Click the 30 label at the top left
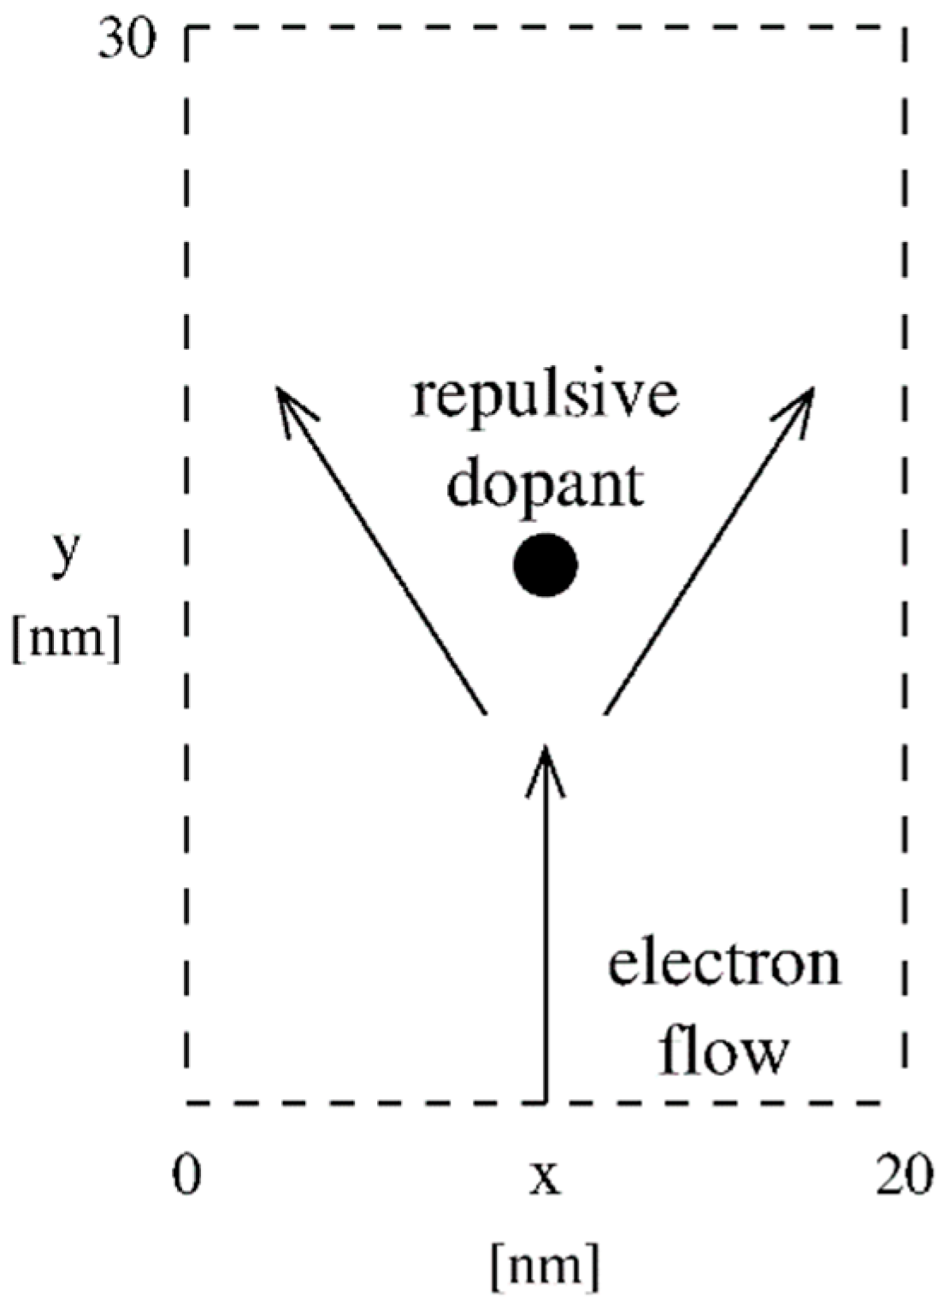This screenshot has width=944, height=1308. click(127, 41)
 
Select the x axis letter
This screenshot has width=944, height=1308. click(545, 1178)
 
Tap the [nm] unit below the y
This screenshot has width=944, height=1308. click(66, 638)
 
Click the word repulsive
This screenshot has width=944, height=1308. click(545, 397)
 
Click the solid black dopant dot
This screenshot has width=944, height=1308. click(546, 565)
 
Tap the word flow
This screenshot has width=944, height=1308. click(723, 1051)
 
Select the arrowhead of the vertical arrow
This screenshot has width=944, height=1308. click(545, 753)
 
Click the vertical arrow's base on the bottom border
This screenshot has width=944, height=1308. click(545, 1102)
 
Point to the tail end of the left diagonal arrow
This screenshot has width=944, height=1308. click(485, 712)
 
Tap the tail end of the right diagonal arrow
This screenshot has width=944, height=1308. click(605, 712)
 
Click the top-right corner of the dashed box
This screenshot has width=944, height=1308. click(904, 29)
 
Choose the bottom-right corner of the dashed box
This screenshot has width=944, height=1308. click(904, 1102)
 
